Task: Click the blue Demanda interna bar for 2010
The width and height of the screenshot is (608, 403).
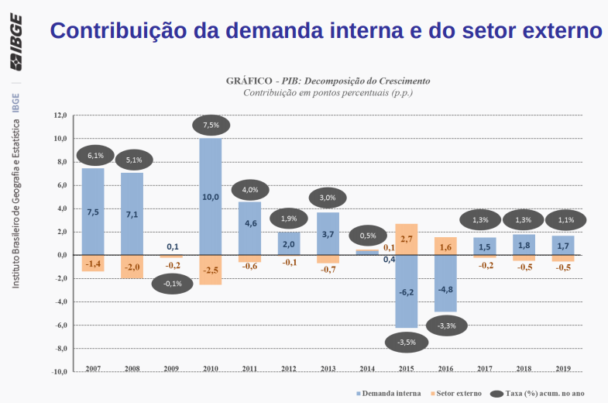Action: (x=211, y=197)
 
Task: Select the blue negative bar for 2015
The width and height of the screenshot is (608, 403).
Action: (x=406, y=291)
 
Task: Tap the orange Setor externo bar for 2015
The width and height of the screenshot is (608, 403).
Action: (x=406, y=239)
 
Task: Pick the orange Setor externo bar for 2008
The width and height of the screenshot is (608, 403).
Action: (x=132, y=267)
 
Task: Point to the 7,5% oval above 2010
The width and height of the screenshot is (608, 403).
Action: (x=211, y=125)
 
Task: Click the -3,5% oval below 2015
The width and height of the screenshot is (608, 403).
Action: (x=407, y=341)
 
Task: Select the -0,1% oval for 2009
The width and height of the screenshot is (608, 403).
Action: (x=172, y=284)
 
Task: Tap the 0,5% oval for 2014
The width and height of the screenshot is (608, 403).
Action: (x=368, y=236)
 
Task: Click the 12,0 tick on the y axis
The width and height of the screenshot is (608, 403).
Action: (x=60, y=115)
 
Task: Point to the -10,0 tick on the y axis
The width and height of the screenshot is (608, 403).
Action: (x=59, y=371)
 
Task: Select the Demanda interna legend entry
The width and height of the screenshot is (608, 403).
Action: (x=386, y=394)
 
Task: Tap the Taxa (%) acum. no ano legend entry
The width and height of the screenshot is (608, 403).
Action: (x=540, y=394)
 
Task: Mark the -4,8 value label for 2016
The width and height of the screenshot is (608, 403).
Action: (x=445, y=290)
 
